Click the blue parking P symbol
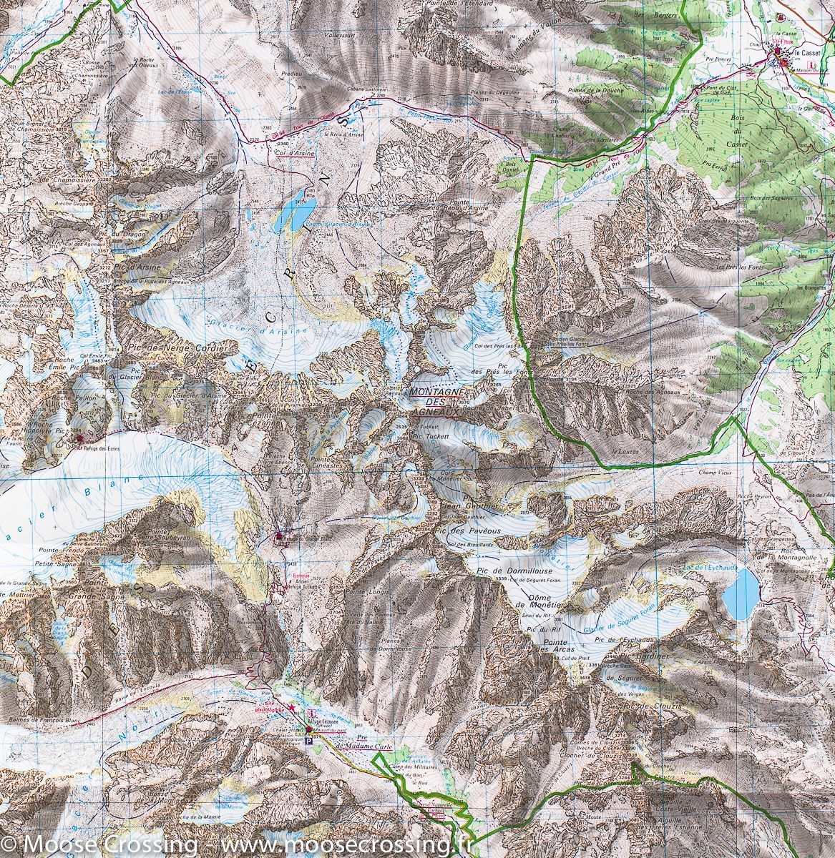(309, 742)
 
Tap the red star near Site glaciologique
(291, 706)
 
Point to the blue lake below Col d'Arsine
(296, 212)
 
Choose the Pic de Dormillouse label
(507, 571)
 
